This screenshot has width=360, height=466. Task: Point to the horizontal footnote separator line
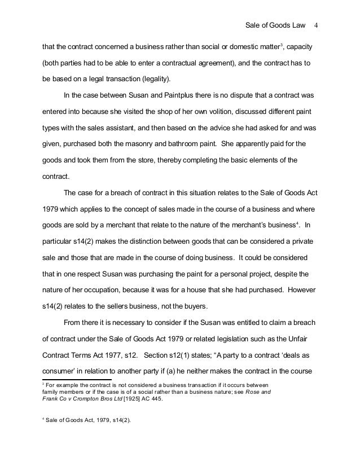click(77, 380)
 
